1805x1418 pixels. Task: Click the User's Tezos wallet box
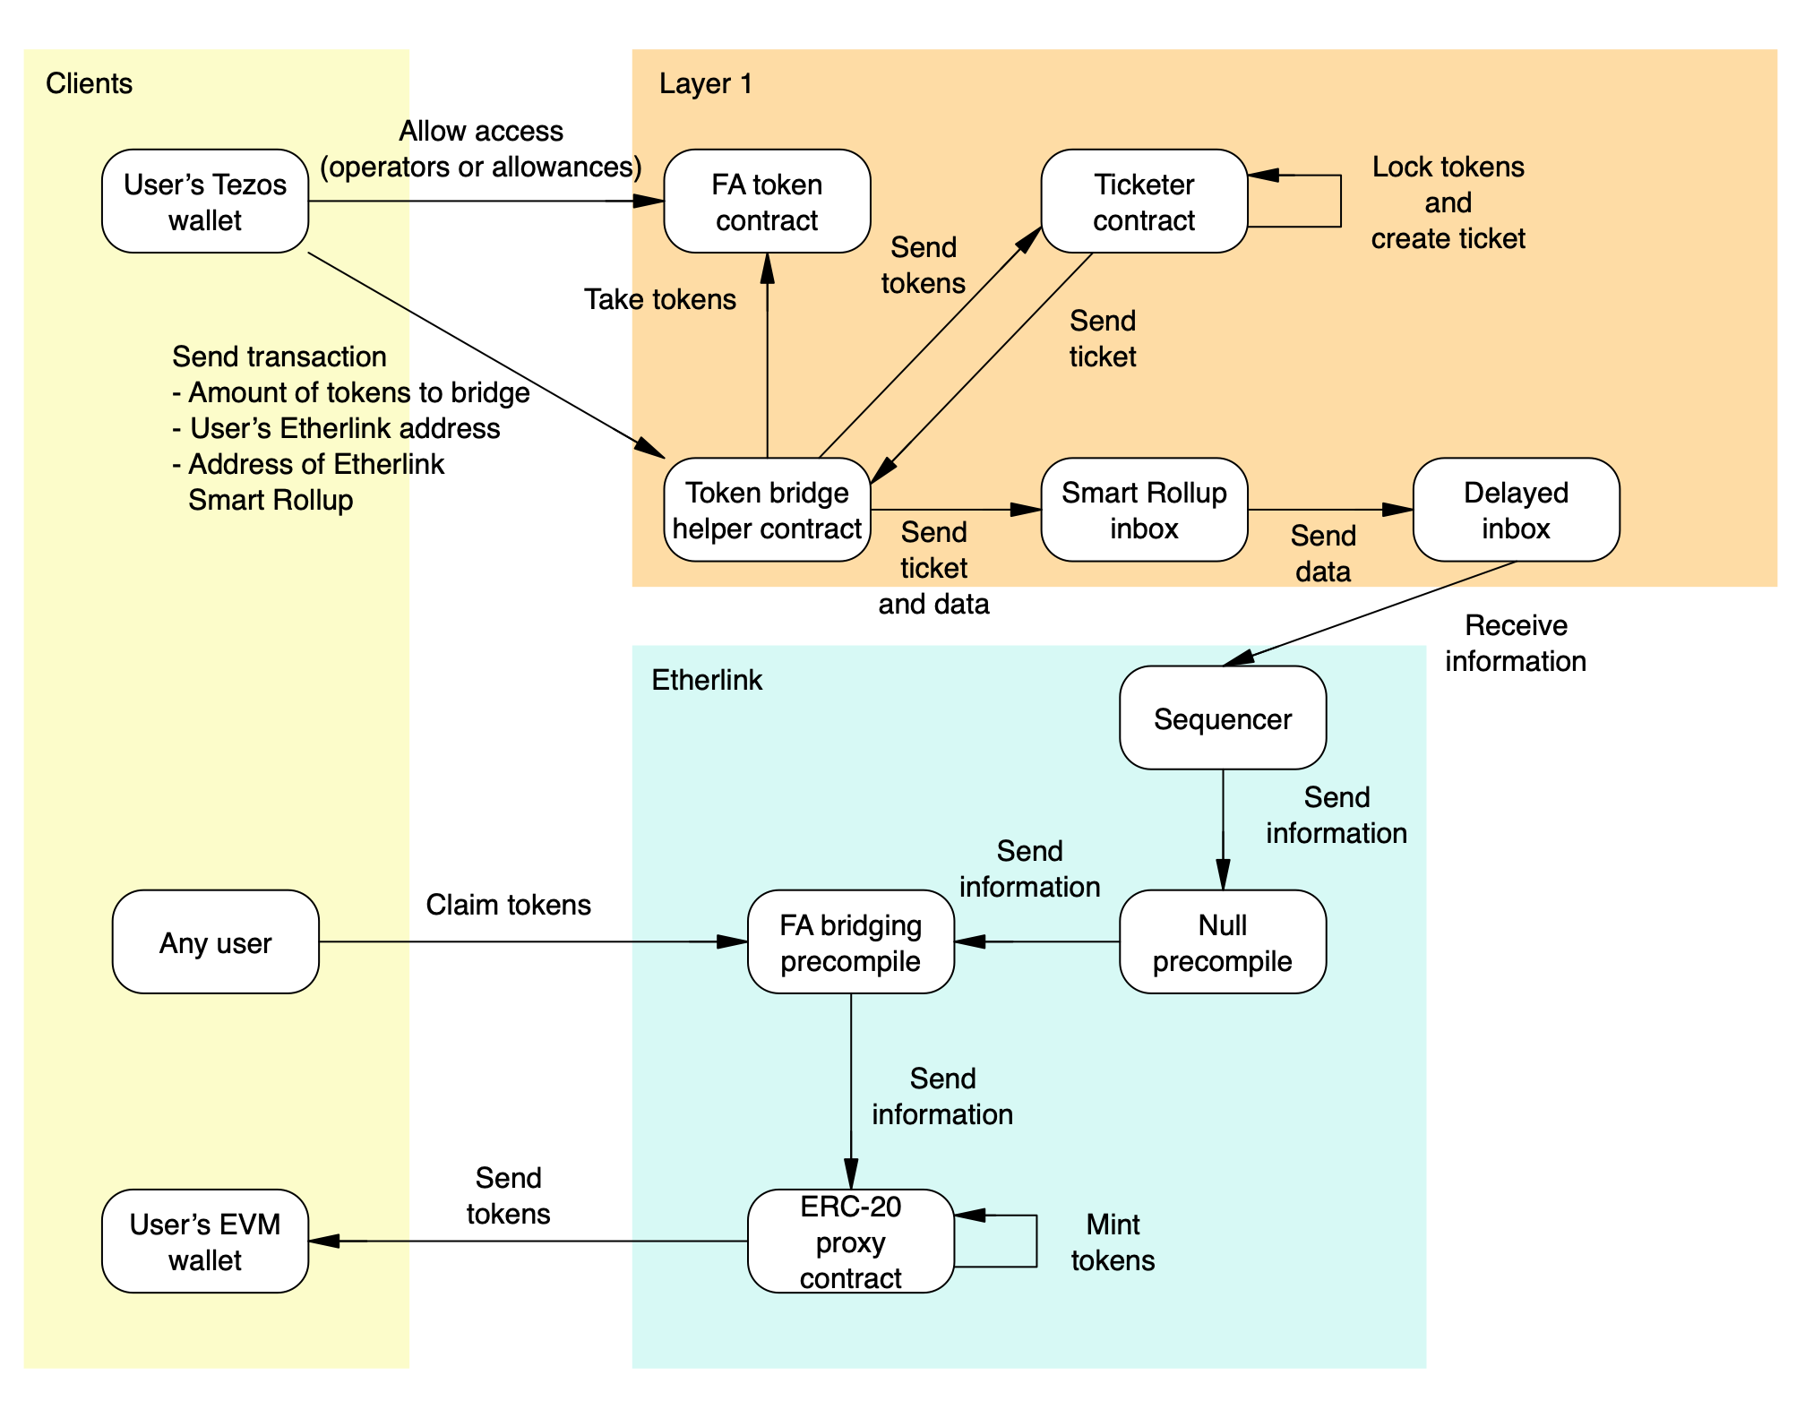[x=205, y=202]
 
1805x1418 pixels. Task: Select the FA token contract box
[x=767, y=202]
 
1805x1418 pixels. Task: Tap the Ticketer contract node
[x=1144, y=202]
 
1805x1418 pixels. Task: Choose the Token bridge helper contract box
[x=767, y=510]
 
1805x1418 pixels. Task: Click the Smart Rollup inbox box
[x=1144, y=510]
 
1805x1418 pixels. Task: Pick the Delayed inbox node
[x=1516, y=510]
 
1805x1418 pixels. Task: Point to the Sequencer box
[x=1223, y=718]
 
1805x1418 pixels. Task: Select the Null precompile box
[x=1223, y=941]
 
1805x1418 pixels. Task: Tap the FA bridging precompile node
[x=851, y=941]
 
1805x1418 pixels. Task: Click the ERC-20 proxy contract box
[x=851, y=1242]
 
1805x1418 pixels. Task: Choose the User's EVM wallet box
[x=205, y=1242]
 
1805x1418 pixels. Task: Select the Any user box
[x=216, y=941]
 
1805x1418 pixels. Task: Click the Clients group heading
[x=89, y=83]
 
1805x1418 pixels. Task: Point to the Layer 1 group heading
[x=706, y=83]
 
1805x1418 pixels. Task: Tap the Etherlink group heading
[x=707, y=680]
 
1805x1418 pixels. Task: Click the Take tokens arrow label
[x=660, y=299]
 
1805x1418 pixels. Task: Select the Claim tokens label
[x=508, y=905]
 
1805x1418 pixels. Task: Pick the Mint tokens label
[x=1113, y=1242]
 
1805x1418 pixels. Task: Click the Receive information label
[x=1516, y=643]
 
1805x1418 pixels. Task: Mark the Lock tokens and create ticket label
[x=1448, y=202]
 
